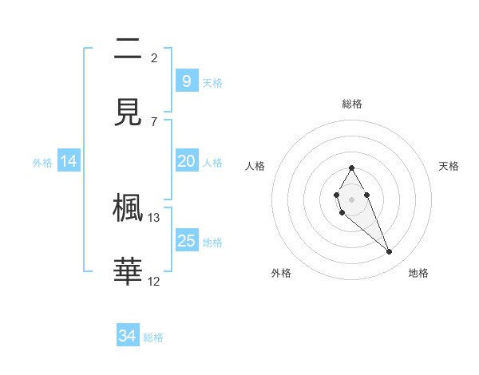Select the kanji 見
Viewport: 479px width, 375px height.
click(128, 113)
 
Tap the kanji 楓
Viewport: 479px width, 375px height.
click(128, 208)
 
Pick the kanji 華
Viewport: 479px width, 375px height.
click(128, 272)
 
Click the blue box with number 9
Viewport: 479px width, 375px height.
click(186, 81)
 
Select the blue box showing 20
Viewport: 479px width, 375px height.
click(186, 161)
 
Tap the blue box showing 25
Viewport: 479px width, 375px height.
click(186, 240)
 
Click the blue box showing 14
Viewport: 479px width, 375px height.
click(69, 161)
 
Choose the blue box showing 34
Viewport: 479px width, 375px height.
click(128, 336)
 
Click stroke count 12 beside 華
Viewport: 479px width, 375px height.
click(154, 281)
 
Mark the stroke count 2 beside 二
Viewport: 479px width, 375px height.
click(154, 57)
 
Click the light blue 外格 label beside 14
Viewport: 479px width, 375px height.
click(42, 162)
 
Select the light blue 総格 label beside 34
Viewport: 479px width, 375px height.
click(153, 337)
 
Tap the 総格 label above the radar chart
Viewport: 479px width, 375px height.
click(351, 104)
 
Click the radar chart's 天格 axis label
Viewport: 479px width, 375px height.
click(449, 166)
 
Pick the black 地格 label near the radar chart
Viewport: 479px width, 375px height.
click(418, 273)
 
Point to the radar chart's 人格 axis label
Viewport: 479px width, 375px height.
click(255, 166)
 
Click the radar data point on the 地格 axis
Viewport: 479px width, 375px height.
click(390, 251)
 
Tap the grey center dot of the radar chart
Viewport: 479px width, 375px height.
click(351, 198)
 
